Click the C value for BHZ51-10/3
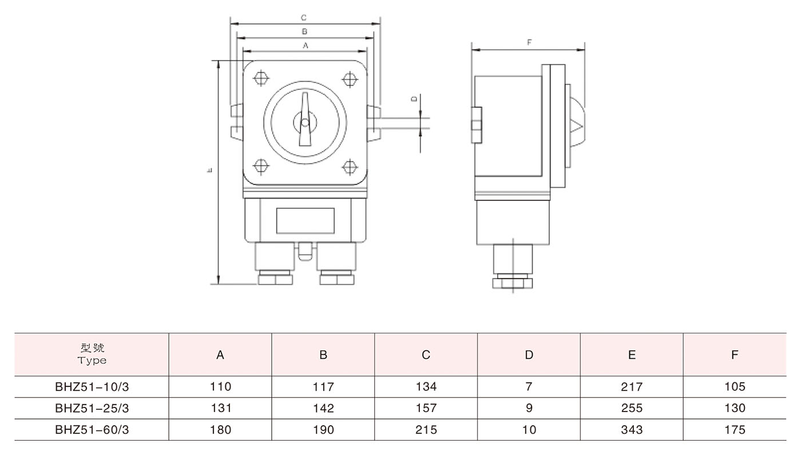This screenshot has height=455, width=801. pos(426,387)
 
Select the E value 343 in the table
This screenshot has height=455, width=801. pos(632,430)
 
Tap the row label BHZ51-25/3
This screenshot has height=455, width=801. pos(92,409)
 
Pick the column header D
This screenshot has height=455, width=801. pos(529,355)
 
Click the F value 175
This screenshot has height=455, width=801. pos(735,430)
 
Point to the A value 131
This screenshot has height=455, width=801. pos(220,409)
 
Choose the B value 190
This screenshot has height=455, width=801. pos(323,430)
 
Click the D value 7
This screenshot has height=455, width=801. pos(529,387)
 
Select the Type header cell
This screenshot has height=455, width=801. pos(92,355)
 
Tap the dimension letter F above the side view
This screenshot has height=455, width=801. pos(529,43)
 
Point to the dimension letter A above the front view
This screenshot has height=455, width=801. pos(305,44)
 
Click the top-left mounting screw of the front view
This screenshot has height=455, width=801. pos(261,78)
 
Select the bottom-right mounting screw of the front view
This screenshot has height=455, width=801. pos(349,167)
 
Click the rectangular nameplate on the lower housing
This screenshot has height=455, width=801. pos(305,221)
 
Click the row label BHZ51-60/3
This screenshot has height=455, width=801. pos(92,430)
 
